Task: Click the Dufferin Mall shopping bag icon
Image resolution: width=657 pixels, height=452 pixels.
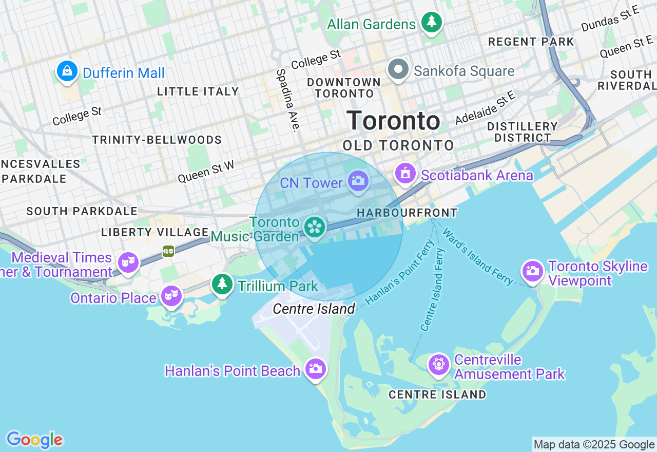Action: pyautogui.click(x=67, y=71)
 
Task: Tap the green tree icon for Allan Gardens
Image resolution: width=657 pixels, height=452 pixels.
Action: pyautogui.click(x=432, y=22)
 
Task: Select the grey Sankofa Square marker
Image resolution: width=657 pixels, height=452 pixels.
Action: pyautogui.click(x=398, y=69)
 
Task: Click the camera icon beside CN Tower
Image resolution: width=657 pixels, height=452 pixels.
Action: pyautogui.click(x=358, y=181)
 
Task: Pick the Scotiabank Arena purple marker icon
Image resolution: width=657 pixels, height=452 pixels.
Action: pyautogui.click(x=405, y=174)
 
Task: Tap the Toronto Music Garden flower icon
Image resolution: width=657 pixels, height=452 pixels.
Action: pyautogui.click(x=315, y=227)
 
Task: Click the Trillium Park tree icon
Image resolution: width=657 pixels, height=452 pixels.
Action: pyautogui.click(x=222, y=284)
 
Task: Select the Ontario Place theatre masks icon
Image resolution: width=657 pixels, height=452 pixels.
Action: pyautogui.click(x=171, y=296)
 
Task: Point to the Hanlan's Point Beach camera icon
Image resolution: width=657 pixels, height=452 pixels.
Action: pyautogui.click(x=315, y=368)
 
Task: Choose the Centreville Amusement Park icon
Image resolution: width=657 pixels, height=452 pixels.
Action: pyautogui.click(x=438, y=364)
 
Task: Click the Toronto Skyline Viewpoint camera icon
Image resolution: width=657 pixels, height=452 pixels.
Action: pyautogui.click(x=533, y=270)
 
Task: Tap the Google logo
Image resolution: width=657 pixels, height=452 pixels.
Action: pyautogui.click(x=34, y=440)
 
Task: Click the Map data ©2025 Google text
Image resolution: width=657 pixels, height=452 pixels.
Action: pyautogui.click(x=594, y=444)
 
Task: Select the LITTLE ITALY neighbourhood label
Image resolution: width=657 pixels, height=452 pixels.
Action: pyautogui.click(x=198, y=91)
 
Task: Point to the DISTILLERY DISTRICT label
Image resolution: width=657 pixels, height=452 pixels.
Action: pyautogui.click(x=522, y=132)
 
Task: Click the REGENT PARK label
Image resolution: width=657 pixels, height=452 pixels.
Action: pyautogui.click(x=531, y=42)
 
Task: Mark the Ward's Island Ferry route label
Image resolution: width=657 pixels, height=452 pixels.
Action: pyautogui.click(x=477, y=257)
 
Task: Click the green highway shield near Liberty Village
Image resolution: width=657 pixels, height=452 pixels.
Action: pyautogui.click(x=168, y=251)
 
